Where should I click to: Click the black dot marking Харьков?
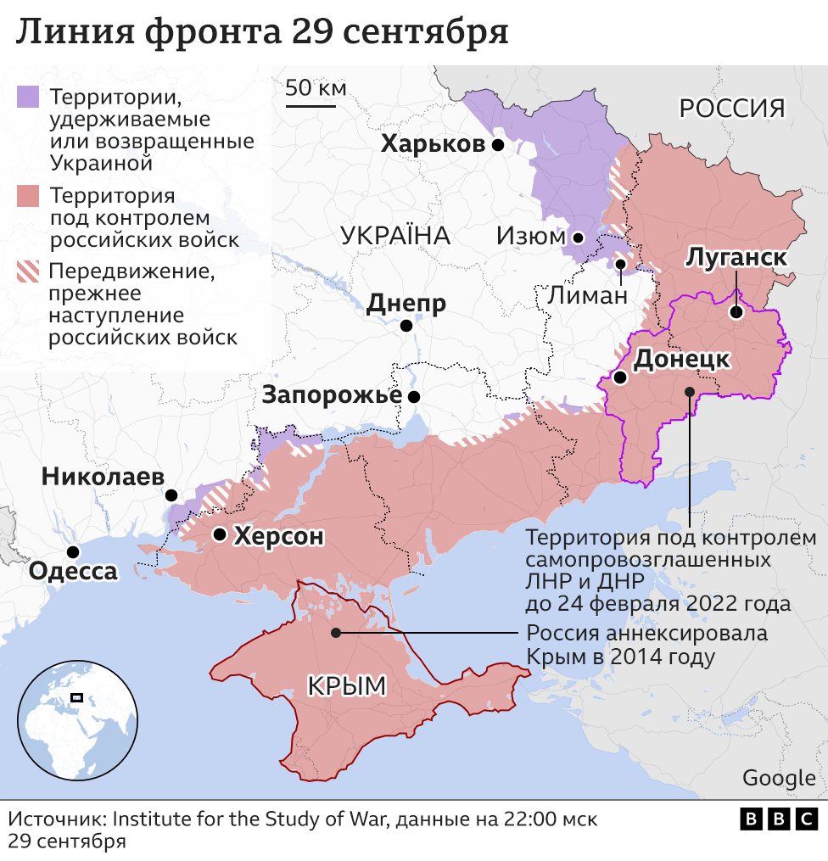point(498,145)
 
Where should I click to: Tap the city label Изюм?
point(530,237)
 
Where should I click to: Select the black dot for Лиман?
point(621,264)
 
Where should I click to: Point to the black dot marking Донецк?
point(621,377)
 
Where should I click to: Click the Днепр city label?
point(406,304)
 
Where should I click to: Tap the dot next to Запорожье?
point(414,396)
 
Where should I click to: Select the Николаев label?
point(103,478)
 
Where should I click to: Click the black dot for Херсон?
point(220,534)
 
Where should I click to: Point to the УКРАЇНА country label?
point(395,236)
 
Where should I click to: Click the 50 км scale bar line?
point(310,106)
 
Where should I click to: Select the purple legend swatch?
point(29,96)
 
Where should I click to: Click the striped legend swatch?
point(29,272)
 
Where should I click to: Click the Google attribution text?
point(778,778)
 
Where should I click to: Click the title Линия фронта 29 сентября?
point(262,32)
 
